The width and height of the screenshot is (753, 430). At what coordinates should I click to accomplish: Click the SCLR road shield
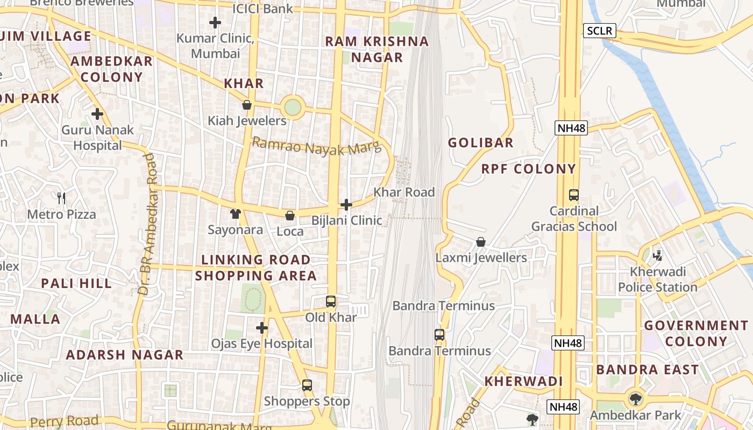[x=599, y=31]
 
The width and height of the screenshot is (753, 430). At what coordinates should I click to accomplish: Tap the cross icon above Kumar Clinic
[x=215, y=23]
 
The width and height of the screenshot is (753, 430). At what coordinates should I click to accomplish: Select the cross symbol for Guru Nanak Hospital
[x=97, y=114]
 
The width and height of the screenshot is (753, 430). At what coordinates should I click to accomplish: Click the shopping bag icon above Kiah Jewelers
[x=247, y=105]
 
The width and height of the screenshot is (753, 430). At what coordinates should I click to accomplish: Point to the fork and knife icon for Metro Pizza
[x=61, y=198]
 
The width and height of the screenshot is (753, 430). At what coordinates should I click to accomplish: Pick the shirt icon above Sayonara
[x=235, y=214]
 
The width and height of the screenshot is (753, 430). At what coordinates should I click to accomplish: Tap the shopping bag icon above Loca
[x=290, y=216]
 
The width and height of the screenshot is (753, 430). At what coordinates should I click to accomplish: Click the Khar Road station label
[x=404, y=192]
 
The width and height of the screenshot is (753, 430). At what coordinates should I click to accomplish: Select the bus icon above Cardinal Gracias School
[x=574, y=195]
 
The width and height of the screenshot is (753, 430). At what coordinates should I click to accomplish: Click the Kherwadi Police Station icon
[x=657, y=255]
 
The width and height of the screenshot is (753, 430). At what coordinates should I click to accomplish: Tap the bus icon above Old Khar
[x=331, y=302]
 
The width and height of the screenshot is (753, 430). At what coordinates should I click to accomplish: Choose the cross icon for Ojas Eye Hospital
[x=262, y=327]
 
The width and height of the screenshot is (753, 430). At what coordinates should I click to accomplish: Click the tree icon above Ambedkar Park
[x=636, y=399]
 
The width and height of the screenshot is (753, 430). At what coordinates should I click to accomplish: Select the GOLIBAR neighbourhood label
[x=481, y=142]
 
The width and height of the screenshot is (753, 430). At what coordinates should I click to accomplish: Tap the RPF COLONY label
[x=528, y=169]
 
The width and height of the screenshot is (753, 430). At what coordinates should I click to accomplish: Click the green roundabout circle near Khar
[x=293, y=107]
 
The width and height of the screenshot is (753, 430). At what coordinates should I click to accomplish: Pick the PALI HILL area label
[x=76, y=283]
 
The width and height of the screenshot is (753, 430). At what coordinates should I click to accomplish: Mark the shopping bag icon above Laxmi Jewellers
[x=481, y=242]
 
